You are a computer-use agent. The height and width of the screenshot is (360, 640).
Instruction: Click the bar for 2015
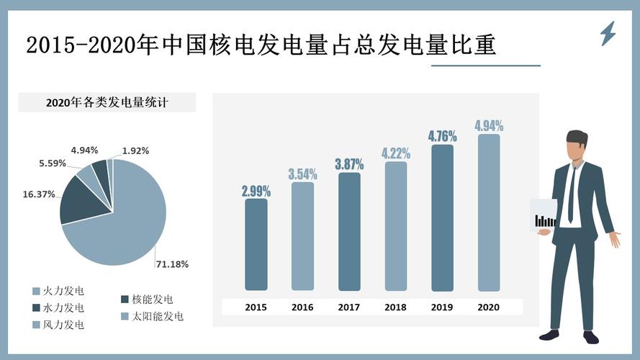256,245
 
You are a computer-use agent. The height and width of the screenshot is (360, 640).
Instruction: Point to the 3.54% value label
302,174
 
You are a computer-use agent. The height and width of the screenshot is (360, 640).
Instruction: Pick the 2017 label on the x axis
348,307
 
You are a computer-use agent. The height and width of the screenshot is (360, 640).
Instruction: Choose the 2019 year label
442,307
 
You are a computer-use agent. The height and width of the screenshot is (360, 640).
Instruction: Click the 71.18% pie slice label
172,264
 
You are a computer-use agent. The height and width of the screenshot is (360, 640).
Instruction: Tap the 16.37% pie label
39,194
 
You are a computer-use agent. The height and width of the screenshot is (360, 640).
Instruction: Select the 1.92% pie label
135,151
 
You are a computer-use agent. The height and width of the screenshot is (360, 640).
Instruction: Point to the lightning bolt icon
608,33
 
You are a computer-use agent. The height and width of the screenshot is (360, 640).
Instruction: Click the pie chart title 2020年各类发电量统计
107,102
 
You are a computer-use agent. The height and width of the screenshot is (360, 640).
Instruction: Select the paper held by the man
544,215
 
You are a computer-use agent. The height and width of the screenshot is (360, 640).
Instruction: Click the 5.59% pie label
53,163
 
